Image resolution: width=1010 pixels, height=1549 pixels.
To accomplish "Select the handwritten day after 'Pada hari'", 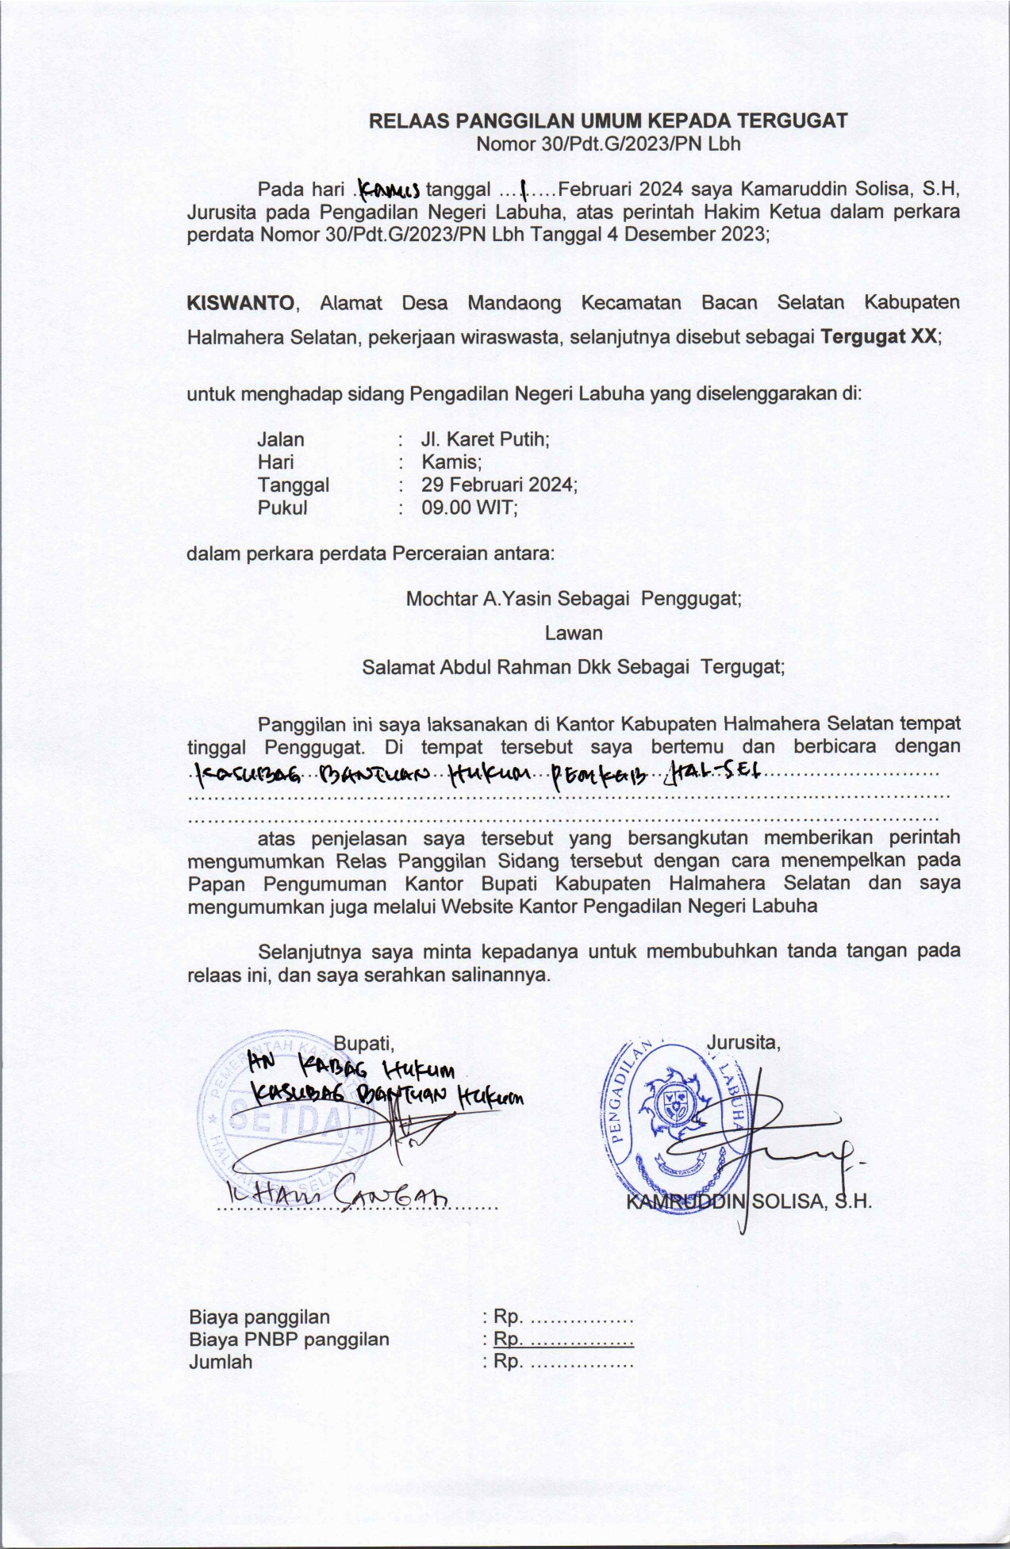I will click(x=389, y=190).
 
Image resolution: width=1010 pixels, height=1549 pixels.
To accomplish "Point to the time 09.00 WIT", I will click(x=469, y=508).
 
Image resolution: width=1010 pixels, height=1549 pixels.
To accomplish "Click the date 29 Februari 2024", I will click(x=498, y=485).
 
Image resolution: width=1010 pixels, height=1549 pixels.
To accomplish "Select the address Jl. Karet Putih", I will click(x=485, y=439).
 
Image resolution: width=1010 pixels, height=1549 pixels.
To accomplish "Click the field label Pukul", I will click(x=282, y=508).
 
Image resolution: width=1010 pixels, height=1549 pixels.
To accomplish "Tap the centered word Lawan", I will click(x=573, y=633).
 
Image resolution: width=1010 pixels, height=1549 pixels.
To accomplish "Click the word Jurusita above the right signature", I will click(x=743, y=1042).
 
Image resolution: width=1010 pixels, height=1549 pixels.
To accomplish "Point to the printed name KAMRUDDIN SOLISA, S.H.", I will click(x=749, y=1202).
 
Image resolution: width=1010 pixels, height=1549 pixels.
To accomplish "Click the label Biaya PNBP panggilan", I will click(x=289, y=1340).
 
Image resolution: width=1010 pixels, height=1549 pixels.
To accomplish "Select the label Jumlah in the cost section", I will click(x=221, y=1363).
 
